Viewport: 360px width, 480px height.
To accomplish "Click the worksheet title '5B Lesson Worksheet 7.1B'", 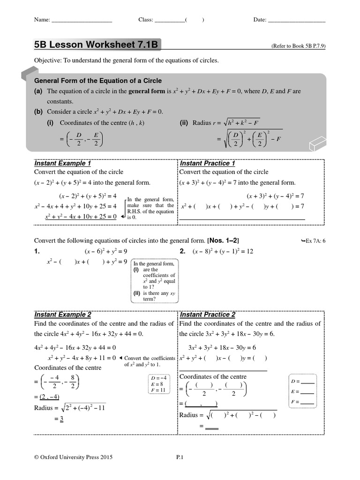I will pyautogui.click(x=96, y=45).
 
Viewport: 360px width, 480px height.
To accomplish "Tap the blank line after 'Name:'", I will pyautogui.click(x=82, y=20).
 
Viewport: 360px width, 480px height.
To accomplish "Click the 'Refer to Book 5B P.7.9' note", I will pyautogui.click(x=298, y=46).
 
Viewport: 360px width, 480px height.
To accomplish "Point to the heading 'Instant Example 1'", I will pyautogui.click(x=63, y=164).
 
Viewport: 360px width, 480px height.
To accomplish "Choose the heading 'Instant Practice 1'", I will pyautogui.click(x=208, y=164).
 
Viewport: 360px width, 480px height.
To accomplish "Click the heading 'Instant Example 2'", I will pyautogui.click(x=63, y=315).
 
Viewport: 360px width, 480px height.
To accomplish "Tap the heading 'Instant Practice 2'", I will pyautogui.click(x=208, y=315).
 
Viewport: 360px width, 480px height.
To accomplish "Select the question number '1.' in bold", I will pyautogui.click(x=37, y=252).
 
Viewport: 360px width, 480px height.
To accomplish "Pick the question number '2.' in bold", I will pyautogui.click(x=183, y=252).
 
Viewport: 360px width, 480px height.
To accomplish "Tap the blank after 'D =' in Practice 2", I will pyautogui.click(x=307, y=381).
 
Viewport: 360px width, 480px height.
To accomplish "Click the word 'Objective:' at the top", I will pyautogui.click(x=48, y=60).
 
